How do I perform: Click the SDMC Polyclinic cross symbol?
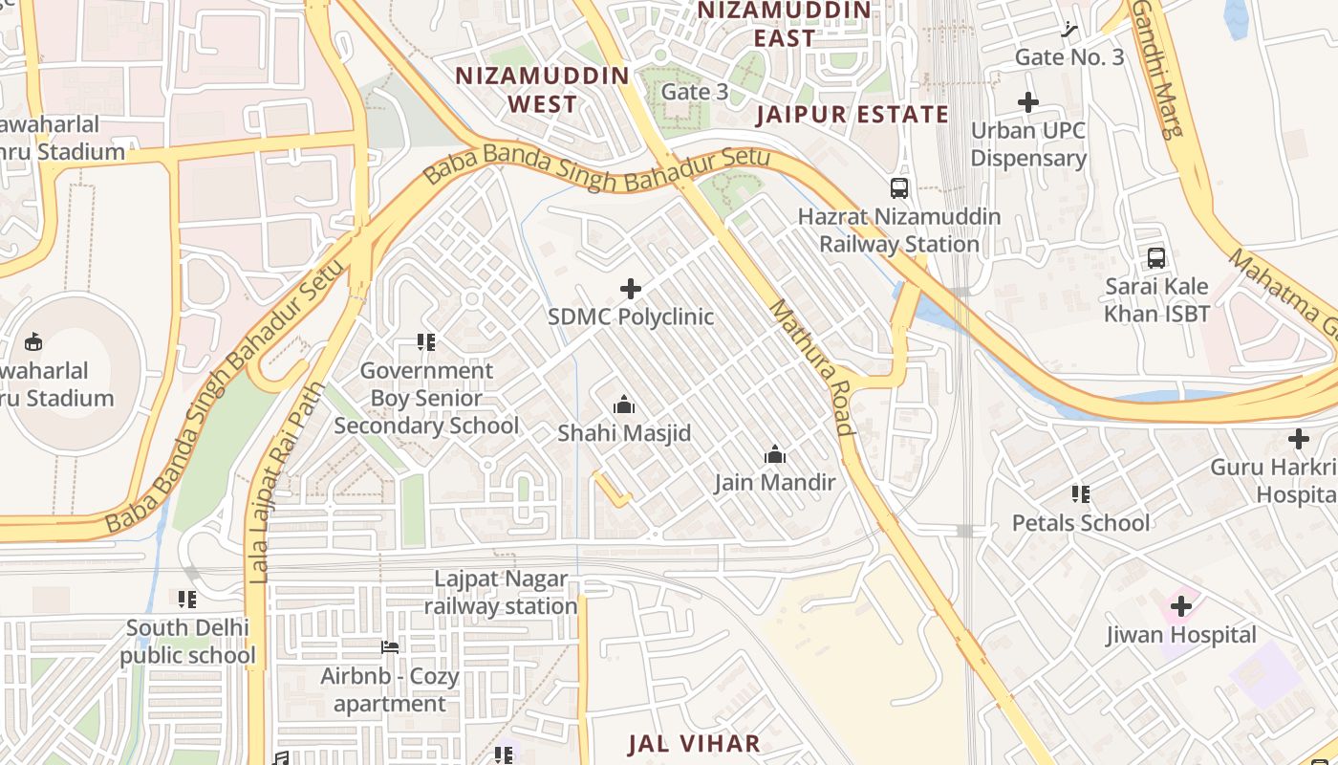pyautogui.click(x=631, y=288)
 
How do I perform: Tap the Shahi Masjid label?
pyautogui.click(x=624, y=433)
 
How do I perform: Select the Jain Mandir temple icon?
pyautogui.click(x=775, y=454)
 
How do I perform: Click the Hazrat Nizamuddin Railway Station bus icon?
pyautogui.click(x=898, y=188)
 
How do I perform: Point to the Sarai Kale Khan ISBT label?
pyautogui.click(x=1156, y=300)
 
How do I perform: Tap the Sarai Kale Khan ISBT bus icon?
pyautogui.click(x=1156, y=258)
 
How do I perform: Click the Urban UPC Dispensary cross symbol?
pyautogui.click(x=1028, y=102)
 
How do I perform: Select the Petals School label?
pyautogui.click(x=1081, y=523)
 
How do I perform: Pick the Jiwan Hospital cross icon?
pyautogui.click(x=1181, y=606)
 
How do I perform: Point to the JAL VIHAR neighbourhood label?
pyautogui.click(x=694, y=744)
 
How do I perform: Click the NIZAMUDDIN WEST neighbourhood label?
pyautogui.click(x=542, y=90)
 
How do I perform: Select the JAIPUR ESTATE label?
pyautogui.click(x=852, y=115)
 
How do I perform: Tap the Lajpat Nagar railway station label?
pyautogui.click(x=501, y=593)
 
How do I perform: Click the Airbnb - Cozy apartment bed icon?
pyautogui.click(x=389, y=647)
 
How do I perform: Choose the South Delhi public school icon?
pyautogui.click(x=187, y=600)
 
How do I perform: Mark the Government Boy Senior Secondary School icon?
pyautogui.click(x=426, y=342)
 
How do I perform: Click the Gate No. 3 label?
pyautogui.click(x=1069, y=56)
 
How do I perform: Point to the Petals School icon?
pyautogui.click(x=1081, y=494)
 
